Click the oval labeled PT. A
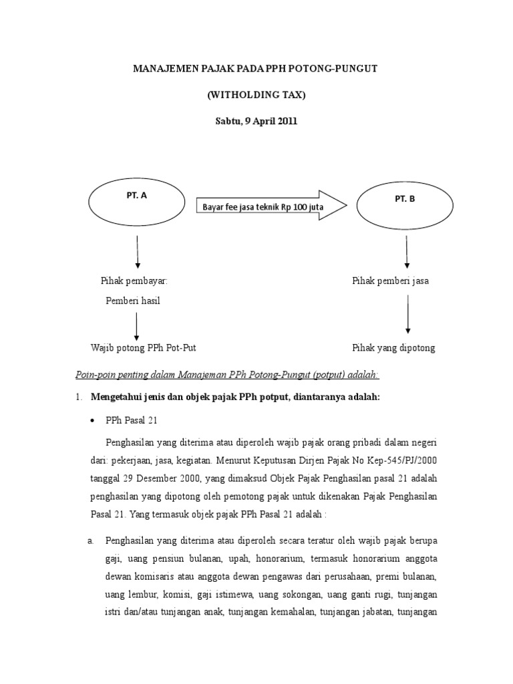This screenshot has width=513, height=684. pyautogui.click(x=136, y=201)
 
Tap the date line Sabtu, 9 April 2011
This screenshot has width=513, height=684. pyautogui.click(x=256, y=122)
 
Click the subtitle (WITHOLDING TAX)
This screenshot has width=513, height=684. pyautogui.click(x=256, y=96)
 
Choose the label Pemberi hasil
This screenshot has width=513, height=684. pyautogui.click(x=133, y=301)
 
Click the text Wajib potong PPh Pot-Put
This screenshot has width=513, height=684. pyautogui.click(x=144, y=348)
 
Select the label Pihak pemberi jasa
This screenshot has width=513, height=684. pyautogui.click(x=391, y=281)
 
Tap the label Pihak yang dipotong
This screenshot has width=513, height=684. pyautogui.click(x=393, y=348)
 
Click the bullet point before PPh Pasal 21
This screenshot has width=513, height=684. pyautogui.click(x=92, y=421)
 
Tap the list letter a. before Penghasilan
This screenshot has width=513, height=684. pyautogui.click(x=91, y=540)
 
